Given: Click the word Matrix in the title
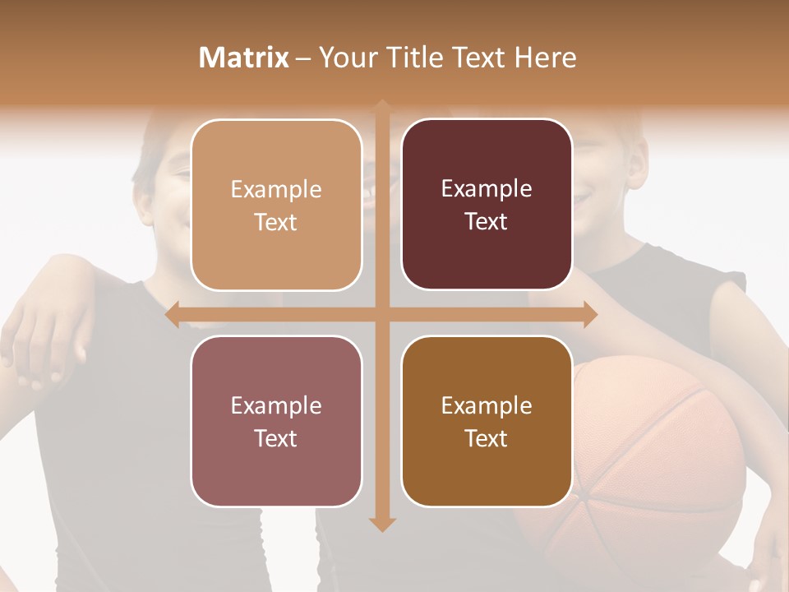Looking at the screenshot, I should click(244, 58).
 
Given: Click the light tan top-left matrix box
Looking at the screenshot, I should click(276, 206).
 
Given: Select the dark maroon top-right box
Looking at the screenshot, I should click(487, 205).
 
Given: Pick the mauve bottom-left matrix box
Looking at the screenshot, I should click(276, 421).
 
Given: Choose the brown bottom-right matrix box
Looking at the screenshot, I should click(487, 421).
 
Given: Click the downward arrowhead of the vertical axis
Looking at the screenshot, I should click(382, 524).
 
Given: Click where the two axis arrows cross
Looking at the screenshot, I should click(382, 315).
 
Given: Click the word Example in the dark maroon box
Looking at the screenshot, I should click(487, 189).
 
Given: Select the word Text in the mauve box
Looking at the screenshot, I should click(276, 438).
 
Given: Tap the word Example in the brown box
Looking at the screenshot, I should click(487, 405).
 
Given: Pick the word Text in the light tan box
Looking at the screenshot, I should click(276, 223).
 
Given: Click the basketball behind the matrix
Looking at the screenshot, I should click(657, 460).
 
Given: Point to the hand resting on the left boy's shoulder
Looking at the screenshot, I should click(45, 337).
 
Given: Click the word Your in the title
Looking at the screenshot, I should click(344, 58).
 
